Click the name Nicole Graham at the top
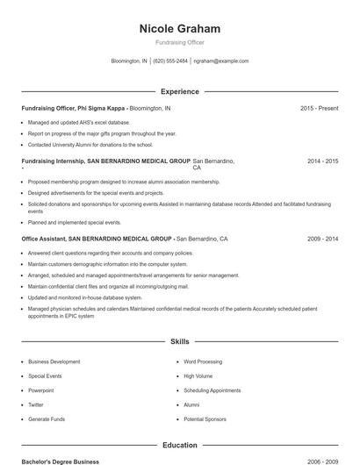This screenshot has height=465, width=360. [x=179, y=29]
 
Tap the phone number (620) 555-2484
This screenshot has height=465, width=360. [x=170, y=61]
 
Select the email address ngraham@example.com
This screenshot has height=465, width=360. [x=221, y=61]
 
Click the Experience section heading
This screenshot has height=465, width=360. [x=179, y=91]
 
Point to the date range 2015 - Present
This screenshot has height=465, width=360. [x=319, y=108]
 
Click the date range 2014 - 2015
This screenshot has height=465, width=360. [x=322, y=161]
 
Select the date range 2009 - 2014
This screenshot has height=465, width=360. [x=322, y=238]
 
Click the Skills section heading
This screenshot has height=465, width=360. [x=179, y=340]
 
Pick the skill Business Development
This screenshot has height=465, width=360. [x=54, y=361]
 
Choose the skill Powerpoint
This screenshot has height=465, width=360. [x=40, y=390]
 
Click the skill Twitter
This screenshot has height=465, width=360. [x=35, y=404]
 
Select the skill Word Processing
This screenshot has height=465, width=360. [x=203, y=361]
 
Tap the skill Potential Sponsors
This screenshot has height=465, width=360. [x=205, y=419]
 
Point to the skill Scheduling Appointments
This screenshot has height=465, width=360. [x=212, y=390]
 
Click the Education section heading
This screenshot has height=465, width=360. [x=179, y=445]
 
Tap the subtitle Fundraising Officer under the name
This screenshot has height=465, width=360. [x=179, y=43]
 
